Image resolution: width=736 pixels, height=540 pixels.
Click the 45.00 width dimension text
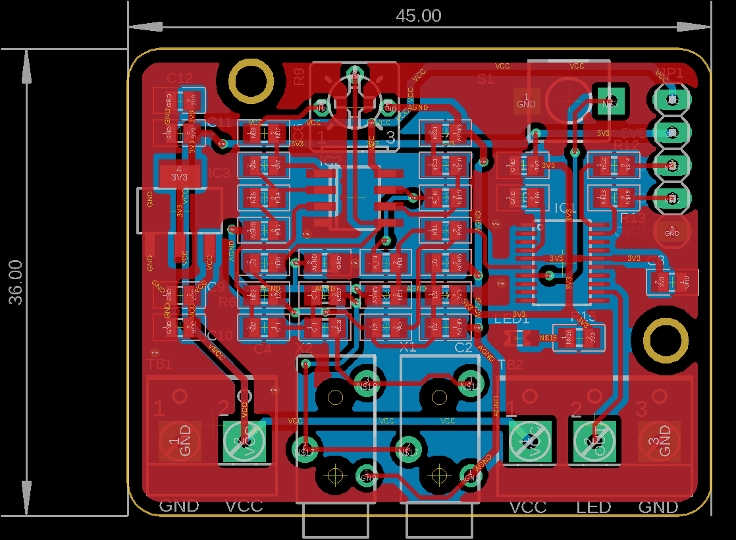coord(418,15)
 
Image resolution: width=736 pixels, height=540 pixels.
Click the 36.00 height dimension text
coord(15,282)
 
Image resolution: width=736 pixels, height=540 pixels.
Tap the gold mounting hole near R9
coord(251,81)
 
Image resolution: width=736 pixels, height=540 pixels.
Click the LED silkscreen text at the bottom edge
coord(593,507)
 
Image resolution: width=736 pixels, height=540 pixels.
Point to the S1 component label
coord(485,79)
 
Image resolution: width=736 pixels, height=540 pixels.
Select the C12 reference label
coord(180,78)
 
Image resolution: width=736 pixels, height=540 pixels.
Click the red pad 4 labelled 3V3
coord(179,174)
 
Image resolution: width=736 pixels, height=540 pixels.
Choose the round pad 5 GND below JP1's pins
coord(671,230)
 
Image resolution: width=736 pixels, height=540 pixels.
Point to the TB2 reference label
coord(512,365)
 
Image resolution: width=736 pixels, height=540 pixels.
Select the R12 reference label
coord(626,145)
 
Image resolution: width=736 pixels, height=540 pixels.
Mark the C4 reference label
coord(262,348)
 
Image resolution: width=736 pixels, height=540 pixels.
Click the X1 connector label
coord(408,346)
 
